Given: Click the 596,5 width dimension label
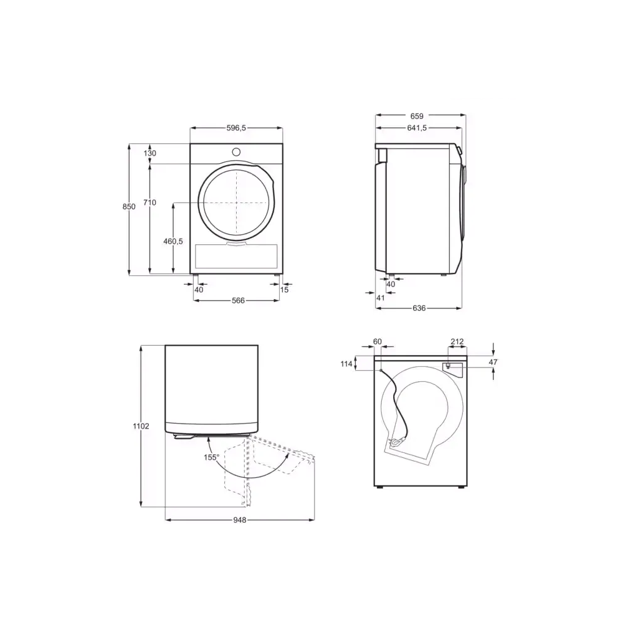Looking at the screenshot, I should [236, 128].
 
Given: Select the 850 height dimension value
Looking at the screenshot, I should [129, 206].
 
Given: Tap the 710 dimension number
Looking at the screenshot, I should [150, 202].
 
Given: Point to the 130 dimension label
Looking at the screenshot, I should [150, 153].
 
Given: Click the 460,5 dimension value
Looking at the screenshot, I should [173, 242].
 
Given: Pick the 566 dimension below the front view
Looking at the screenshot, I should [237, 300].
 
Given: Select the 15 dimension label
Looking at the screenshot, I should [285, 290].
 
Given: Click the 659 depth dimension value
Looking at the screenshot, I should [417, 116].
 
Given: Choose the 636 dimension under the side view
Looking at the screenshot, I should [419, 308].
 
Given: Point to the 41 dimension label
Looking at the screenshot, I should [381, 298].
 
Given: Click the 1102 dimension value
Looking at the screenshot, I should [141, 426].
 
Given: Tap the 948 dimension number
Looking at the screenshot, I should [239, 520].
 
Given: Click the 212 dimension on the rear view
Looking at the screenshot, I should [457, 341].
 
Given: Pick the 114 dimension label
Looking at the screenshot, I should [346, 364].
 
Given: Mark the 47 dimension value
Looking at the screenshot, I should [493, 361].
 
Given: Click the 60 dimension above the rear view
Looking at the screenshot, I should [377, 341].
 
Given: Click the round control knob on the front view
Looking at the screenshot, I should [237, 151].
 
